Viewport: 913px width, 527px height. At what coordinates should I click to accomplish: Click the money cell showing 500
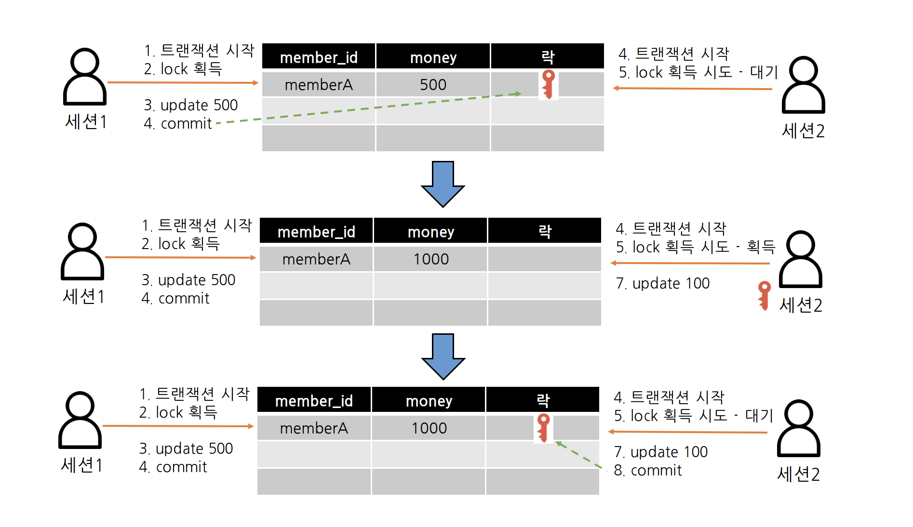pyautogui.click(x=433, y=85)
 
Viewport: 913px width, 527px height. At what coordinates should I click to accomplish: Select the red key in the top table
pyautogui.click(x=548, y=84)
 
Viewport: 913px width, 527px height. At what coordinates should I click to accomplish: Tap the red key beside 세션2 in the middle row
pyautogui.click(x=764, y=295)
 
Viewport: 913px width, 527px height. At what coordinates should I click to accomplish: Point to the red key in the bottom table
pyautogui.click(x=543, y=428)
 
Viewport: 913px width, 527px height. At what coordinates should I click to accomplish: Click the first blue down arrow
pyautogui.click(x=443, y=184)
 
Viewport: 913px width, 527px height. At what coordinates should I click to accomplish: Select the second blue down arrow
pyautogui.click(x=443, y=356)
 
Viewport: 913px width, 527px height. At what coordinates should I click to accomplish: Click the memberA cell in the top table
pyautogui.click(x=319, y=85)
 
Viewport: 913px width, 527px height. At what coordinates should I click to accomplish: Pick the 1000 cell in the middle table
pyautogui.click(x=431, y=259)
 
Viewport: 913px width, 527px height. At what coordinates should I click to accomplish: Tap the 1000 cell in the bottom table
pyautogui.click(x=429, y=428)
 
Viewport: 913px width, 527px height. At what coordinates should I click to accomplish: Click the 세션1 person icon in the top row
pyautogui.click(x=85, y=77)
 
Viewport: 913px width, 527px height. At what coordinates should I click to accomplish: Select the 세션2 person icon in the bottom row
pyautogui.click(x=798, y=428)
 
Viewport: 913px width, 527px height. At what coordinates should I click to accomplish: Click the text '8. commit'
pyautogui.click(x=648, y=470)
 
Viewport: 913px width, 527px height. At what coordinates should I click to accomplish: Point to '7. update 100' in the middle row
pyautogui.click(x=663, y=283)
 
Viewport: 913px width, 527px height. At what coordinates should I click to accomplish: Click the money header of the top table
pyautogui.click(x=433, y=57)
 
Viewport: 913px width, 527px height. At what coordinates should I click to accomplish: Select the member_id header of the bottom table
pyautogui.click(x=314, y=400)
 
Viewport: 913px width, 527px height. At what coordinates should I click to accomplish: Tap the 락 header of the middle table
pyautogui.click(x=545, y=231)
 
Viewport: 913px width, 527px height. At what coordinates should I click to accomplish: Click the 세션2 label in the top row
pyautogui.click(x=803, y=131)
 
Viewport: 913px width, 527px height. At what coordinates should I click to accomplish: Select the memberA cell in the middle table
pyautogui.click(x=316, y=259)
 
